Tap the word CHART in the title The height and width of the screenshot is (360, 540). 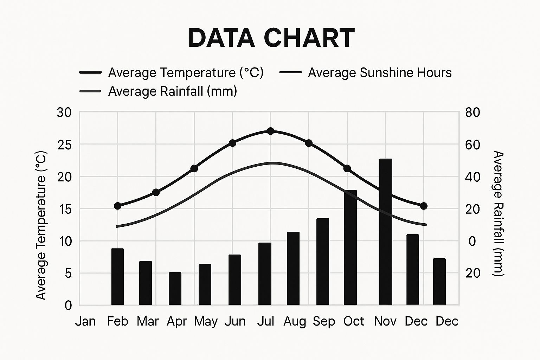click(309, 38)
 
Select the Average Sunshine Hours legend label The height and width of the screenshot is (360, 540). click(380, 73)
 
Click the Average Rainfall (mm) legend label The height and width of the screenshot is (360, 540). click(173, 91)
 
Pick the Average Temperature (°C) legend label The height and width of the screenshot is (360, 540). click(186, 73)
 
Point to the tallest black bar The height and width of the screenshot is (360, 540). click(386, 232)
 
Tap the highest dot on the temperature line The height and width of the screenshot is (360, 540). click(270, 131)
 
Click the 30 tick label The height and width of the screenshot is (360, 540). click(64, 112)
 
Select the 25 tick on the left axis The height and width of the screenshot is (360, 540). click(64, 144)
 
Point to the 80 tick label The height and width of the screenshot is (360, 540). click(472, 112)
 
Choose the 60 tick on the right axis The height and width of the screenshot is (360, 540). click(472, 144)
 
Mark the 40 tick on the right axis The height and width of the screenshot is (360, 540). click(472, 176)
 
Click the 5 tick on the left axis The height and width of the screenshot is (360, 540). click(68, 273)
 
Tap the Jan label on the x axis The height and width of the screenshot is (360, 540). click(85, 321)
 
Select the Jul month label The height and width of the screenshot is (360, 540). click(265, 321)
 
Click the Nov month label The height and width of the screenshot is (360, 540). click(385, 321)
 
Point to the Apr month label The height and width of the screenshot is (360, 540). click(176, 321)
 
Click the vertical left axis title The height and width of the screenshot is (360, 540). click(41, 225)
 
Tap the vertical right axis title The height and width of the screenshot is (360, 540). click(498, 213)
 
